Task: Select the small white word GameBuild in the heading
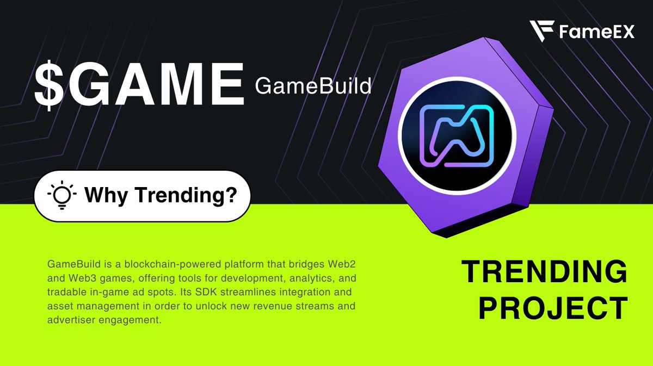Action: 313,85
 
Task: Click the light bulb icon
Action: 61,195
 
